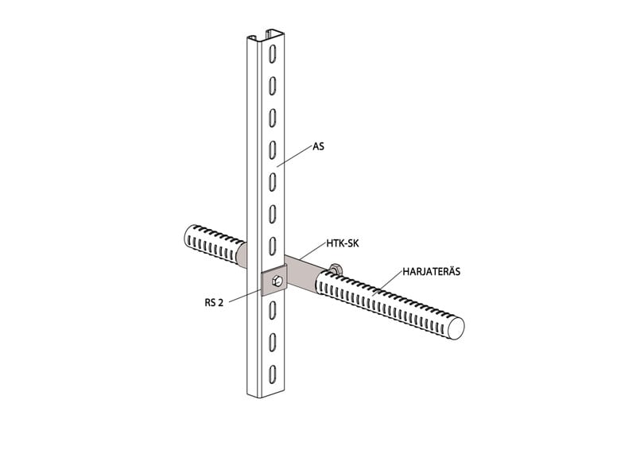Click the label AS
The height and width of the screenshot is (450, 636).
click(319, 146)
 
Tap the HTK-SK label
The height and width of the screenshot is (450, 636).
click(343, 244)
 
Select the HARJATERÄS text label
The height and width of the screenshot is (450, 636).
click(432, 271)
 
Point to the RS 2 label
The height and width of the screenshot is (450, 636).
click(214, 303)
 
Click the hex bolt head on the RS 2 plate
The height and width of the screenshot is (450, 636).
click(276, 280)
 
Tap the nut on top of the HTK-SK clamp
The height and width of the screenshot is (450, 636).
click(335, 268)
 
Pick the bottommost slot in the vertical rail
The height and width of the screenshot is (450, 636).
click(273, 374)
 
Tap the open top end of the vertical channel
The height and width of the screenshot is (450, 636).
click(266, 35)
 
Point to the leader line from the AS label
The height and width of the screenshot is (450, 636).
click(294, 156)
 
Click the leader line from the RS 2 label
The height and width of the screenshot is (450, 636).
click(244, 297)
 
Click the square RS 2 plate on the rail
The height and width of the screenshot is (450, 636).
click(274, 281)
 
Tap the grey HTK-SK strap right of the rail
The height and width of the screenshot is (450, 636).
click(303, 273)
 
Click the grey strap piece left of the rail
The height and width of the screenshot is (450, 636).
click(242, 256)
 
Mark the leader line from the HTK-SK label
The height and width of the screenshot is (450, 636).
click(313, 251)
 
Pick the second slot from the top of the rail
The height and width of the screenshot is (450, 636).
click(273, 85)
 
